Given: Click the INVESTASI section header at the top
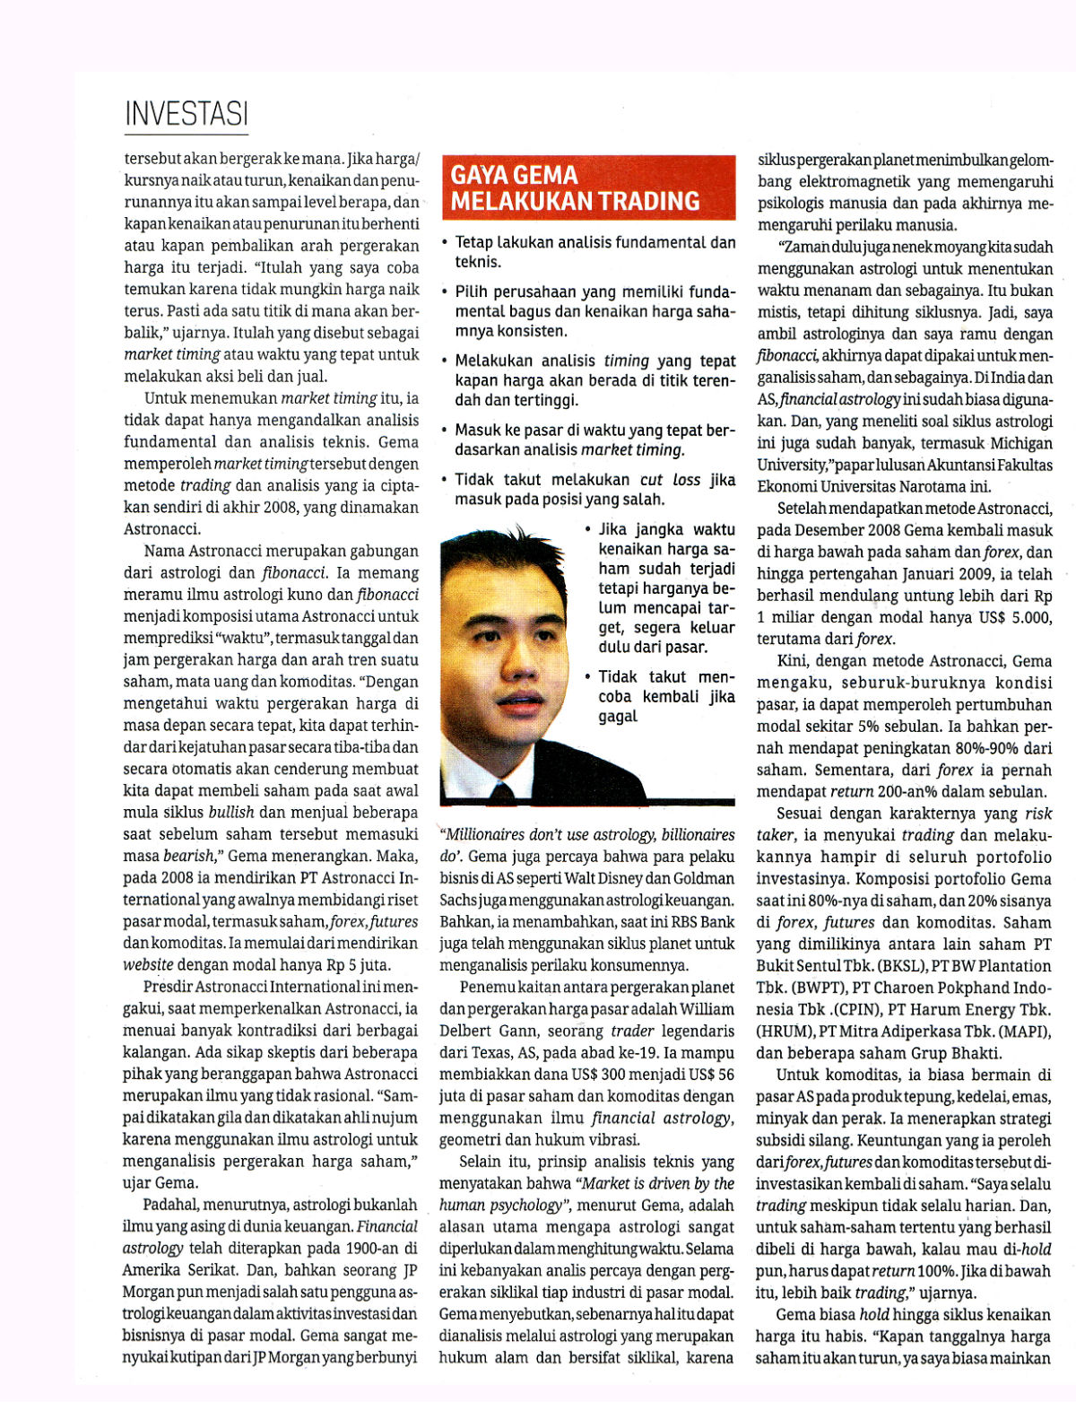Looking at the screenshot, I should (186, 114).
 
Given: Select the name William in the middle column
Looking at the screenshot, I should (707, 1009).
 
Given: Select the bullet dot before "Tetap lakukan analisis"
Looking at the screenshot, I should (445, 242).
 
